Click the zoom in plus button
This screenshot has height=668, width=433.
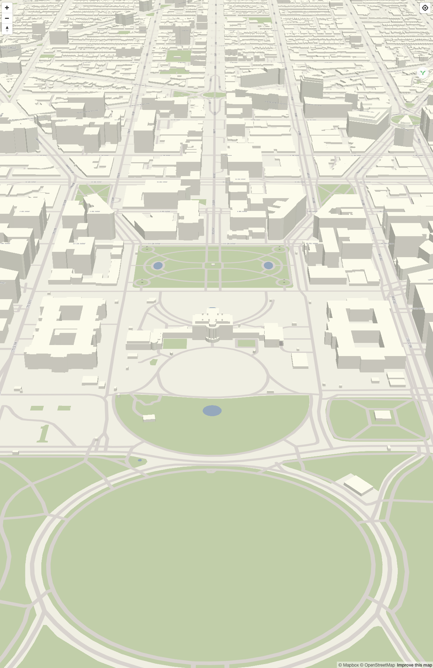point(7,8)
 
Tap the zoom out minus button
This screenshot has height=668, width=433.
point(7,18)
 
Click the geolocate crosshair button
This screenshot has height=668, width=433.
point(425,8)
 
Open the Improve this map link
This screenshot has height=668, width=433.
point(414,665)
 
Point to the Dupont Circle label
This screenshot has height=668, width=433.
point(9,48)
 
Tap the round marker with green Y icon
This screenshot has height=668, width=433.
point(423,73)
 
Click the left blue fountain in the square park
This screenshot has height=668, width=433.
point(158,265)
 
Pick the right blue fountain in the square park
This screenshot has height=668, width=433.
point(268,265)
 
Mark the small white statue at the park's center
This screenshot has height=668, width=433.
point(213,264)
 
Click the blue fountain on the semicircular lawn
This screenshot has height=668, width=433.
point(212,410)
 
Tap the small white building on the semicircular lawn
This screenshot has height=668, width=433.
point(149,418)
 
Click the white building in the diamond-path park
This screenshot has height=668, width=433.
point(383,415)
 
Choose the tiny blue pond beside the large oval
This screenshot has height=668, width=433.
point(140,460)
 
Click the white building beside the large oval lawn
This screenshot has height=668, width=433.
point(358,484)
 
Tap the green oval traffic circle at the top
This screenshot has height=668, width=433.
point(214,95)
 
